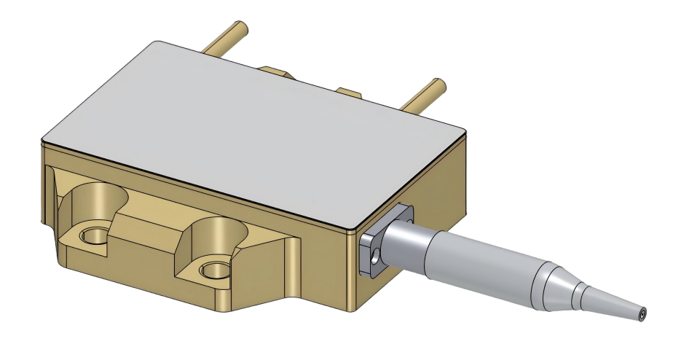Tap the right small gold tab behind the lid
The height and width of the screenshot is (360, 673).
pos(347,93)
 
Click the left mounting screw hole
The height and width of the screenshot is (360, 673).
pos(93,235)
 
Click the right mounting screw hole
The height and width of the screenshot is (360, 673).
pos(213,270)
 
